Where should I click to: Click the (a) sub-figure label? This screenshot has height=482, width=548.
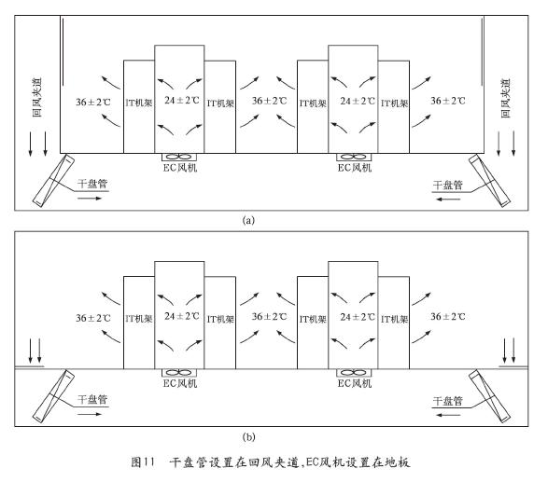pyautogui.click(x=248, y=221)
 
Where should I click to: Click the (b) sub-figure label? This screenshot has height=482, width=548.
pyautogui.click(x=248, y=437)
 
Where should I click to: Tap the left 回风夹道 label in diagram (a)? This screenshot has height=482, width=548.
pyautogui.click(x=37, y=97)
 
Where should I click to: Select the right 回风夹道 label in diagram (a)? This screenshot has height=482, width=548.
pyautogui.click(x=506, y=99)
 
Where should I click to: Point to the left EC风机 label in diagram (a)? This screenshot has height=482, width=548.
pyautogui.click(x=180, y=168)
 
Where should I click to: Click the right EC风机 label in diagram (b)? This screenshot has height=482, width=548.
pyautogui.click(x=355, y=383)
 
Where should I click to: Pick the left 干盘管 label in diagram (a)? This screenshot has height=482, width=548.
pyautogui.click(x=92, y=184)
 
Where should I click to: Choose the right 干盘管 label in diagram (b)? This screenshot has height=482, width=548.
pyautogui.click(x=448, y=401)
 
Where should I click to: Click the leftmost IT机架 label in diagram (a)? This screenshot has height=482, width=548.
pyautogui.click(x=139, y=103)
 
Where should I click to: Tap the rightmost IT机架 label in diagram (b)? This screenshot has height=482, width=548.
pyautogui.click(x=394, y=319)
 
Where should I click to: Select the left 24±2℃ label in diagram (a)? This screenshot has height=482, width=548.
pyautogui.click(x=182, y=101)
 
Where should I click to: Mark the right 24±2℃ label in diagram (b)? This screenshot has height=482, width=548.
pyautogui.click(x=358, y=317)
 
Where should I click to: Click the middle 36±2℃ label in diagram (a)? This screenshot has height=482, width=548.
pyautogui.click(x=269, y=101)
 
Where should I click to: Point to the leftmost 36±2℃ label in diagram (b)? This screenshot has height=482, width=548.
pyautogui.click(x=93, y=318)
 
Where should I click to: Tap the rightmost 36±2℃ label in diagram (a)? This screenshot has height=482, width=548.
pyautogui.click(x=448, y=101)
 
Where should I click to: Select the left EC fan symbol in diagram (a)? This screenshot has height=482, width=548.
pyautogui.click(x=179, y=157)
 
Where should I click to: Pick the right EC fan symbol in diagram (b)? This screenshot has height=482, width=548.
pyautogui.click(x=354, y=373)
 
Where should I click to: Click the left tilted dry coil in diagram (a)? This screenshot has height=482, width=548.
pyautogui.click(x=53, y=180)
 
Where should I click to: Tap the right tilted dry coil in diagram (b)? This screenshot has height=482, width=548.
pyautogui.click(x=489, y=396)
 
